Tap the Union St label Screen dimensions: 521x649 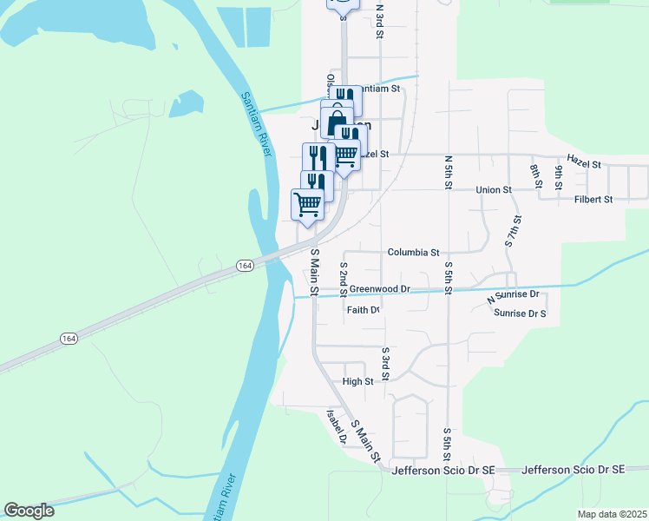494,189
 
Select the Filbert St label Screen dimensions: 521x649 593,199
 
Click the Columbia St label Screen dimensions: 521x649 413,253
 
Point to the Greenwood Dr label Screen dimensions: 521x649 379,288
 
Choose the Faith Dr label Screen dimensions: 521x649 364,310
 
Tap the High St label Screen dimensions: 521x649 357,381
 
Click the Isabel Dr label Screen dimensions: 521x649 337,426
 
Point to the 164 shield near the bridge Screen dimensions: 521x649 246,265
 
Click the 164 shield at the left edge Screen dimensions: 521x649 69,338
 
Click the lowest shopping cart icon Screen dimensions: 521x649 306,205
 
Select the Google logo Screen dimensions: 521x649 29,511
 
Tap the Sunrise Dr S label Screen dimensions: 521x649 520,313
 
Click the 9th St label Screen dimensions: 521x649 560,176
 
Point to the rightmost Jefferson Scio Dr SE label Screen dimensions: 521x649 574,470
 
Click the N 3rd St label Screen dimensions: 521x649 380,21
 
